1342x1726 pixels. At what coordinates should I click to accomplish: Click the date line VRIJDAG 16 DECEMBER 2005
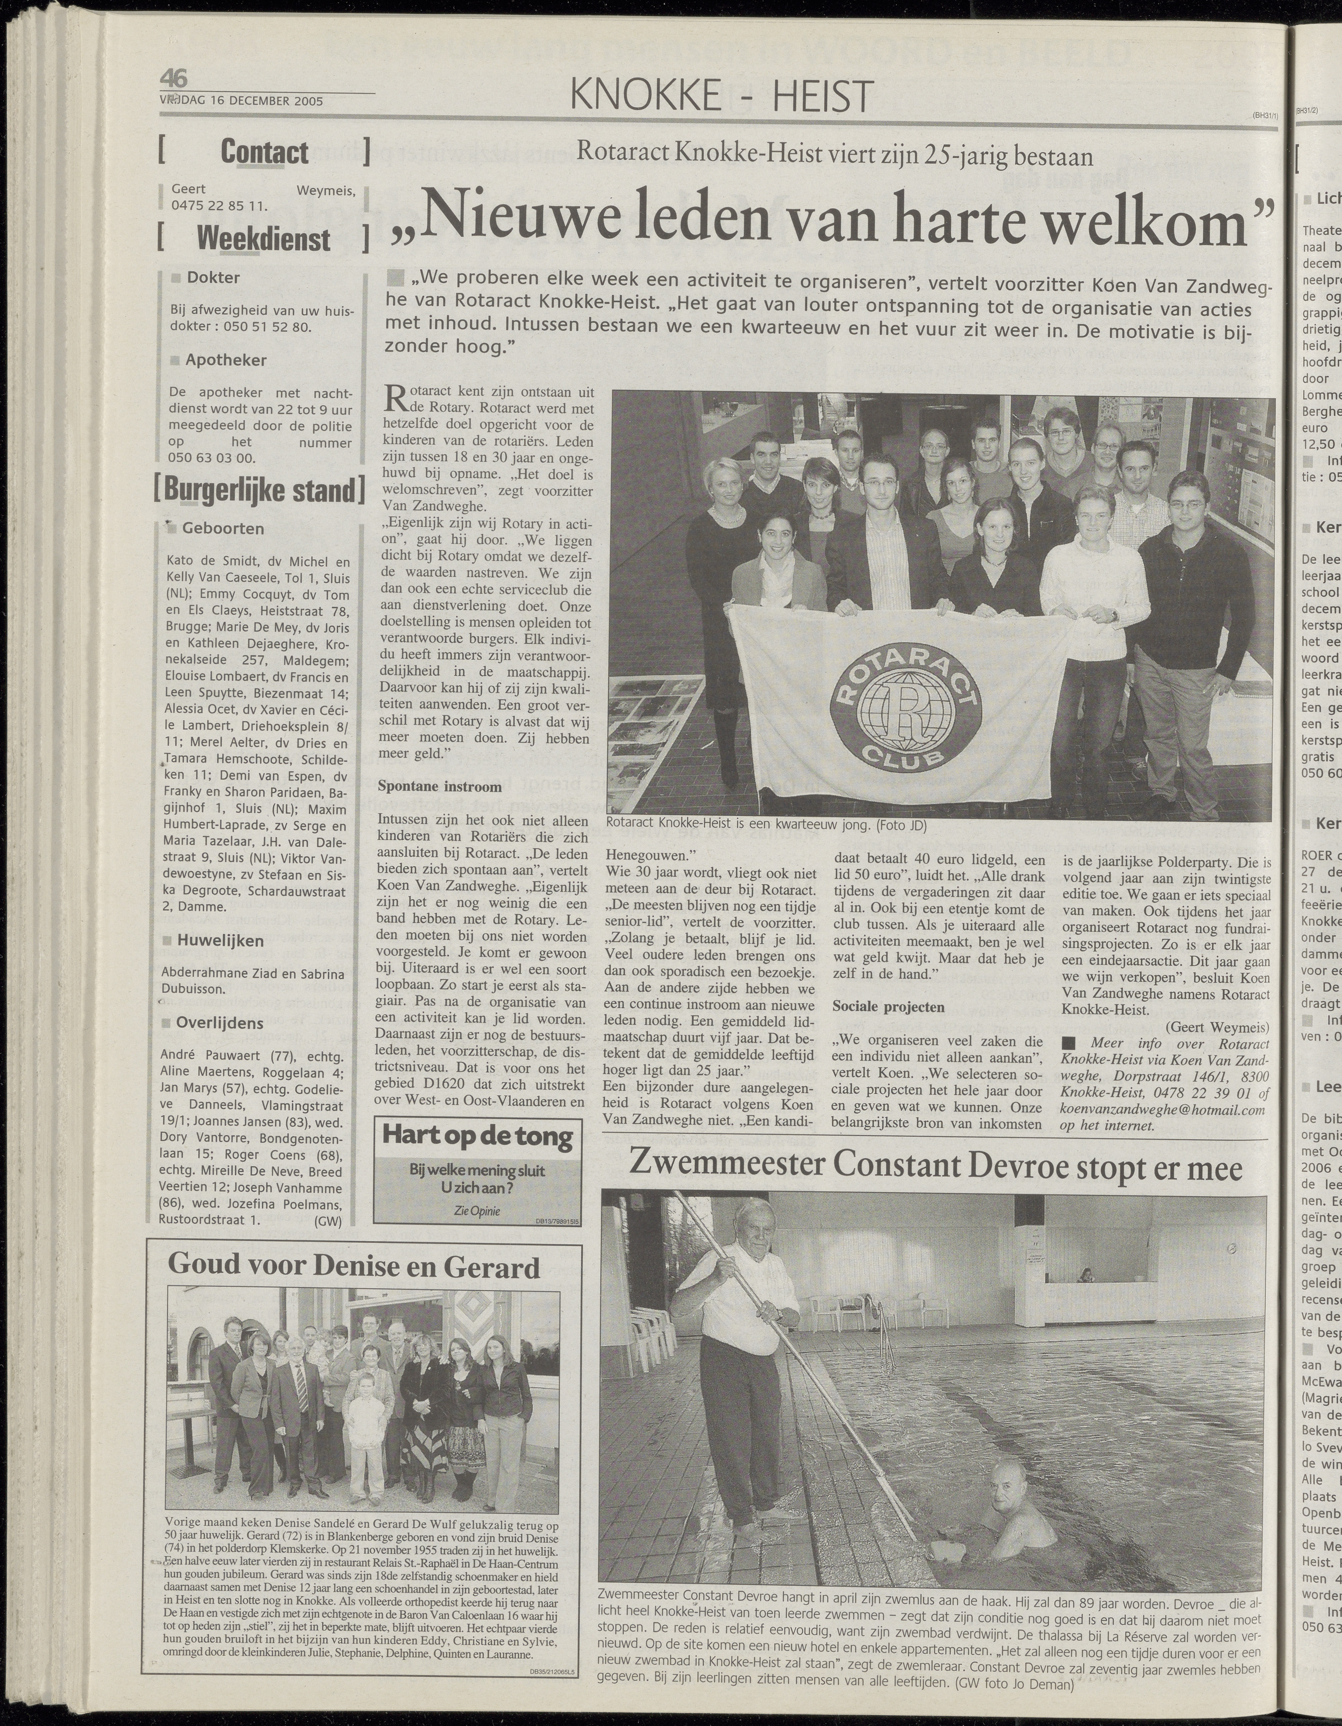point(241,101)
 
